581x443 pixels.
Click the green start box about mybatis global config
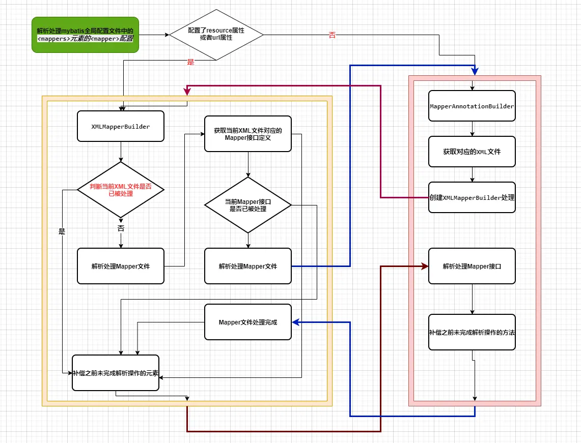pyautogui.click(x=85, y=35)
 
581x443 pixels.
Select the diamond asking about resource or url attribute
pyautogui.click(x=216, y=35)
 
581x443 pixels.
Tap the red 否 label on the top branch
pyautogui.click(x=332, y=36)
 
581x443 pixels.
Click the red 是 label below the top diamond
pyautogui.click(x=191, y=62)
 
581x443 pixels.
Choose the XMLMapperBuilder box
pyautogui.click(x=121, y=126)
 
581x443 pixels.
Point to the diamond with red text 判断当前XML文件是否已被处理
pyautogui.click(x=121, y=190)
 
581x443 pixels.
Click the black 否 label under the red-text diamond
pyautogui.click(x=121, y=229)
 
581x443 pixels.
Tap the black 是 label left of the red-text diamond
pyautogui.click(x=62, y=232)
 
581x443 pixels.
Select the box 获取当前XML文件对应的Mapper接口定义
pyautogui.click(x=248, y=134)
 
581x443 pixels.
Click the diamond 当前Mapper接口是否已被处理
pyautogui.click(x=248, y=205)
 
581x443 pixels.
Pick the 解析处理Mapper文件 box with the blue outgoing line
pyautogui.click(x=248, y=266)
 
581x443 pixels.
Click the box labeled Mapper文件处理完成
pyautogui.click(x=248, y=322)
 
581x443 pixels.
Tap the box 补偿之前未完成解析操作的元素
pyautogui.click(x=116, y=373)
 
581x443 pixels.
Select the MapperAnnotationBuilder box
pyautogui.click(x=472, y=106)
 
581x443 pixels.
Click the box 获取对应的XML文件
pyautogui.click(x=472, y=152)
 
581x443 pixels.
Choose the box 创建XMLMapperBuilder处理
pyautogui.click(x=472, y=197)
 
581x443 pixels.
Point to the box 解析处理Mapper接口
pyautogui.click(x=472, y=266)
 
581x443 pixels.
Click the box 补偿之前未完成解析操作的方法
pyautogui.click(x=472, y=332)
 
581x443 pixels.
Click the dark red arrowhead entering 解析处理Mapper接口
pyautogui.click(x=424, y=266)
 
